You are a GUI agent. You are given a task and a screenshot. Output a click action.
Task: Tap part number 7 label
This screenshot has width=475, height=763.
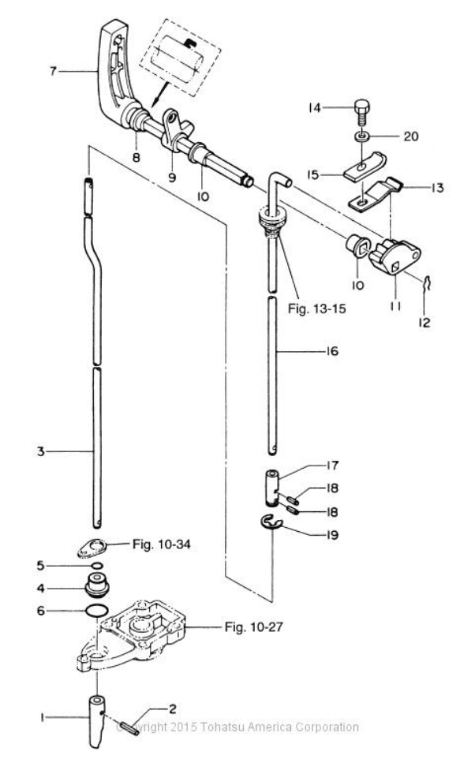click(53, 72)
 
